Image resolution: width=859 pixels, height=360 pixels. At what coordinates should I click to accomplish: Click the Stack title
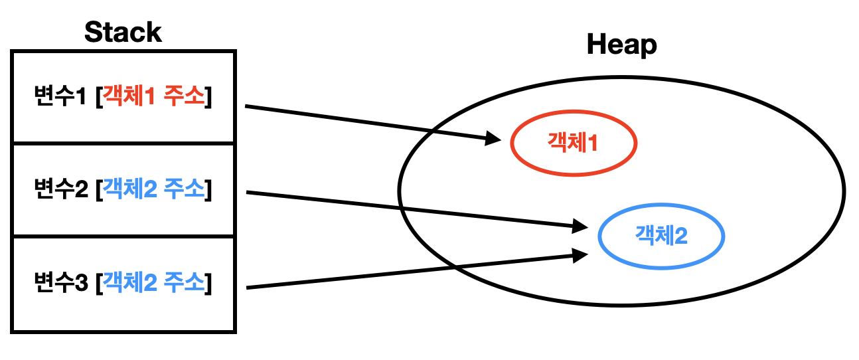123,33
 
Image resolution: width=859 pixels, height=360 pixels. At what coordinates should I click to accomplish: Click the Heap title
621,45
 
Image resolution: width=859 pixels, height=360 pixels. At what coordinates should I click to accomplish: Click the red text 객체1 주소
154,98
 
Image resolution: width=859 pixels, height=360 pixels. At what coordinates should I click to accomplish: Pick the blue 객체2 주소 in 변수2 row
154,191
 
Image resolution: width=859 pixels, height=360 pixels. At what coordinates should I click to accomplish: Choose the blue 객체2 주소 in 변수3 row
154,284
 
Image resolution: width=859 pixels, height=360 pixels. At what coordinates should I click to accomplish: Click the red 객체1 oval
574,143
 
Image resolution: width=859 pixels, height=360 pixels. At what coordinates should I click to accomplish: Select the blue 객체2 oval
661,236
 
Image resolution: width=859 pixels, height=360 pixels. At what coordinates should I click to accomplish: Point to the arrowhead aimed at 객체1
494,139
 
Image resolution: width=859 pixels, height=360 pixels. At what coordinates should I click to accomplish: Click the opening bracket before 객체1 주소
99,98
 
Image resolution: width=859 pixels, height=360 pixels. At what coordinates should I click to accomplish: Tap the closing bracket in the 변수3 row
208,284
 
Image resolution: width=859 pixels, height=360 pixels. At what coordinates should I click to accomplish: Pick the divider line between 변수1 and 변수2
123,143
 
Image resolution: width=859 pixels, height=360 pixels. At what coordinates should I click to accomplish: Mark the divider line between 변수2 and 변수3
123,236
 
